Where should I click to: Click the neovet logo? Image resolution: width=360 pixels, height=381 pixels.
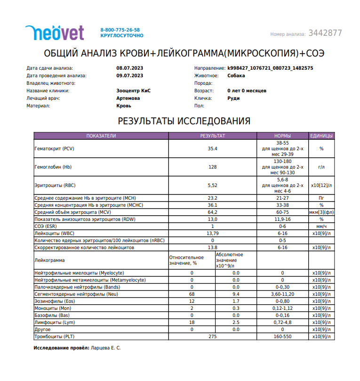[x=55, y=32]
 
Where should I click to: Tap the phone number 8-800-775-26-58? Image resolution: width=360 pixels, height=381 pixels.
[x=120, y=30]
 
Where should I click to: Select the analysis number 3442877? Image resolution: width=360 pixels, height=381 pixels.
[x=325, y=33]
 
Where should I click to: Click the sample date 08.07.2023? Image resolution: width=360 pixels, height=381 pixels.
[x=130, y=68]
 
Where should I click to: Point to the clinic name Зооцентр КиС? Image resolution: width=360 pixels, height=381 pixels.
[x=133, y=90]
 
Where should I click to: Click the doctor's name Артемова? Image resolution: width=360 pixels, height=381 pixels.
[x=128, y=98]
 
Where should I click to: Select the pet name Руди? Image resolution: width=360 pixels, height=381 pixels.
[x=233, y=98]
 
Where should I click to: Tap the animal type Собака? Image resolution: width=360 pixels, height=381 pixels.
[x=236, y=75]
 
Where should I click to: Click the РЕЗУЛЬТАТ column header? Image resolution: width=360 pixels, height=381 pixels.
[x=213, y=136]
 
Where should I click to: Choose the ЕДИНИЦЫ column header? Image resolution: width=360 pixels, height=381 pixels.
[x=321, y=136]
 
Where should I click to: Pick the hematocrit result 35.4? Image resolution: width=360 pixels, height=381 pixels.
[x=213, y=148]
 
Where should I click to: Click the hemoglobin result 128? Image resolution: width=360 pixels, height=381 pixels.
[x=213, y=167]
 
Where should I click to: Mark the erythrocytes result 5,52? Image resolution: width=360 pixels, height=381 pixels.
[x=213, y=186]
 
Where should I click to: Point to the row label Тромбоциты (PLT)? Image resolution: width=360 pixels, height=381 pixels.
[x=55, y=337]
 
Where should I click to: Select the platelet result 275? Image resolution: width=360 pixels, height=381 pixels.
[x=213, y=337]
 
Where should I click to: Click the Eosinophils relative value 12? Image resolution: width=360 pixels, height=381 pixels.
[x=192, y=301]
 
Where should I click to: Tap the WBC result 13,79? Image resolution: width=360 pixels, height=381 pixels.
[x=213, y=233]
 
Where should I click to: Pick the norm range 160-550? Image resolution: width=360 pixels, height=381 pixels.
[x=282, y=337]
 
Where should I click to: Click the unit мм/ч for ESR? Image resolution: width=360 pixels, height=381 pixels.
[x=321, y=226]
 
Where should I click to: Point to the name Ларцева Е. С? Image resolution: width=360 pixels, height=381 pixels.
[x=105, y=348]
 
